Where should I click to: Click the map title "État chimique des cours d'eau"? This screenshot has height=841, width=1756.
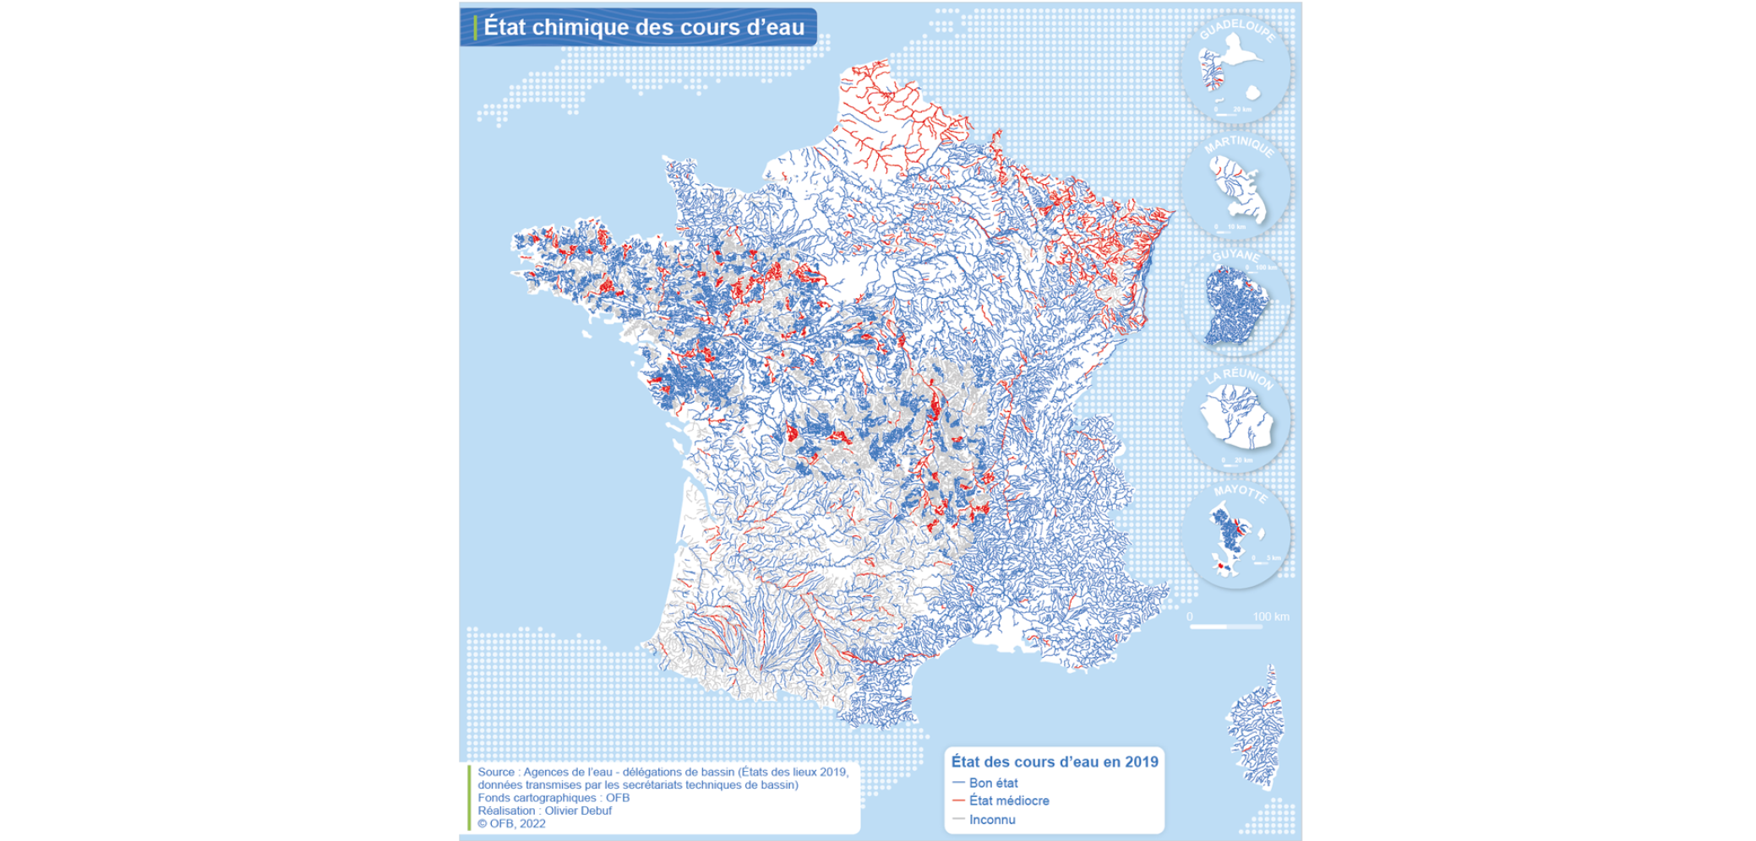tap(643, 27)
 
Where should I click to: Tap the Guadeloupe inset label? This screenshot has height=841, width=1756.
tap(1238, 30)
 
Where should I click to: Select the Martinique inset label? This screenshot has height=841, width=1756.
tap(1239, 145)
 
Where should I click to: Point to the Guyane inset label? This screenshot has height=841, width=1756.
tap(1235, 255)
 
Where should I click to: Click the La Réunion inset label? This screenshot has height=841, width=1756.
tap(1240, 377)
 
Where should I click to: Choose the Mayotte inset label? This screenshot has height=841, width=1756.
tap(1240, 492)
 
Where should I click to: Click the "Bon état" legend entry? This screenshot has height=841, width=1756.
tap(993, 783)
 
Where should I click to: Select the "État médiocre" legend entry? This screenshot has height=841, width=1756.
tap(1008, 800)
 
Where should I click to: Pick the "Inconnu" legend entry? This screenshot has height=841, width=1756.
tap(992, 819)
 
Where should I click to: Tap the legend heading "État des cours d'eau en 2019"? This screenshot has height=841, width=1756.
tap(1055, 762)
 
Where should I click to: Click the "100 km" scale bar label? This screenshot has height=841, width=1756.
tap(1270, 616)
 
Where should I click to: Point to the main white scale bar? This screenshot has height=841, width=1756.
tap(1208, 627)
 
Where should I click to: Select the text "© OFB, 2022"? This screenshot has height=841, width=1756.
tap(511, 823)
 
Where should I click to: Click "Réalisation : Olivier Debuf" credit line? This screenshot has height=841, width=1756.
tap(544, 811)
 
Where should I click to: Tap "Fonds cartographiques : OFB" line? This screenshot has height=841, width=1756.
tap(554, 798)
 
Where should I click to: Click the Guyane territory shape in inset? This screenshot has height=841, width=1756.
tap(1235, 305)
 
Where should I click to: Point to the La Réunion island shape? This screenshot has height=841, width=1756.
tap(1236, 416)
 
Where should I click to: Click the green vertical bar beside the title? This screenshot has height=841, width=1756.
tap(476, 27)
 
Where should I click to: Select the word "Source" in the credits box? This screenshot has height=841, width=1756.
tap(495, 772)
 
